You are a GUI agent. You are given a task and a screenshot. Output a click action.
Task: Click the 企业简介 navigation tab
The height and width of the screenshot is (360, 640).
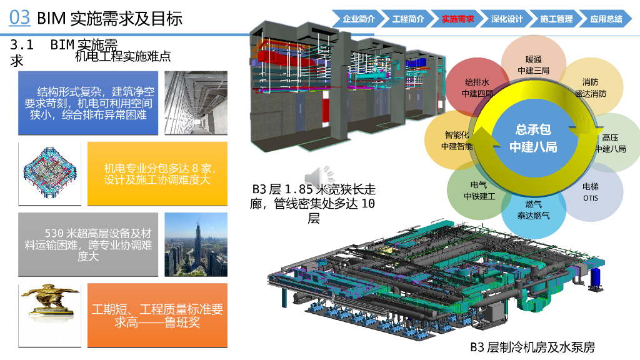coord(358,19)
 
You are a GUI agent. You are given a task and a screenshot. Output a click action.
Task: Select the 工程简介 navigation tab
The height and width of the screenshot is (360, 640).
coord(407,19)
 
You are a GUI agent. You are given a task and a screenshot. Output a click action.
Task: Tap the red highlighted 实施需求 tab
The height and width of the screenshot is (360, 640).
coord(457,19)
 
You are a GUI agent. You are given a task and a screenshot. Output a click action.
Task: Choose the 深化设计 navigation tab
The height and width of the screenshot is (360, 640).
coord(507,19)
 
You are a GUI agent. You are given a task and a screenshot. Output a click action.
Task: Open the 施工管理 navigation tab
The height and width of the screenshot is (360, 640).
coord(556,19)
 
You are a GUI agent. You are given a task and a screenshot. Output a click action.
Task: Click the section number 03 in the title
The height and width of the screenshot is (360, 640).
coord(20,17)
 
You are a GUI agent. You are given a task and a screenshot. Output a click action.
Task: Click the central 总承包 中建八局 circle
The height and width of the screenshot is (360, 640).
coord(532,138)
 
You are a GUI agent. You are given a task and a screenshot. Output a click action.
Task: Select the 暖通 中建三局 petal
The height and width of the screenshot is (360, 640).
coord(533,65)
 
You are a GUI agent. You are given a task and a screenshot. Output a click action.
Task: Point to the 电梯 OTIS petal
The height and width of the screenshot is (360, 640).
coord(591,192)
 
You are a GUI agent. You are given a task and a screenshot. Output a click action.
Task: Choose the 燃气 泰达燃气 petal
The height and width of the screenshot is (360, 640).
coord(533,209)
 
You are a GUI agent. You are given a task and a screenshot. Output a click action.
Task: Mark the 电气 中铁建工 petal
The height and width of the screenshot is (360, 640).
coord(479,191)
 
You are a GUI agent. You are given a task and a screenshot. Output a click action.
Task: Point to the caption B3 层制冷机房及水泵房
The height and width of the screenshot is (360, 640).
coord(532,347)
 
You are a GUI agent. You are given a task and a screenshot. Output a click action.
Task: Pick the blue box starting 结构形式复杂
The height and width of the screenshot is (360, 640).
coord(88,103)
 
